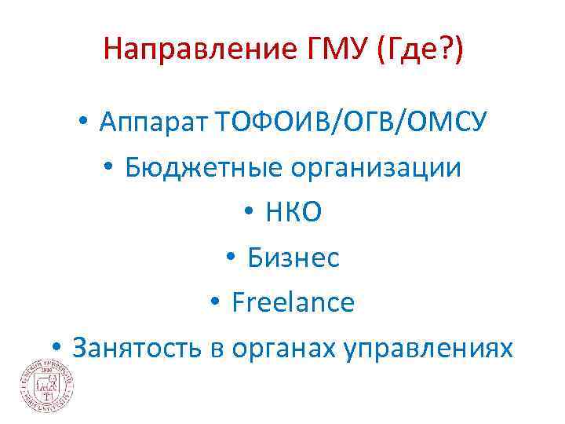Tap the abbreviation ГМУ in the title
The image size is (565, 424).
(332, 51)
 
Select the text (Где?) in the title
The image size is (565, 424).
(420, 51)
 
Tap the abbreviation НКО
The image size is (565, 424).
(293, 212)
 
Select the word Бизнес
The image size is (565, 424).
(293, 257)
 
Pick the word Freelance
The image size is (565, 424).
(293, 302)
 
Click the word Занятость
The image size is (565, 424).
(138, 346)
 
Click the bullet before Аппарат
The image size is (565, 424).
(82, 124)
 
